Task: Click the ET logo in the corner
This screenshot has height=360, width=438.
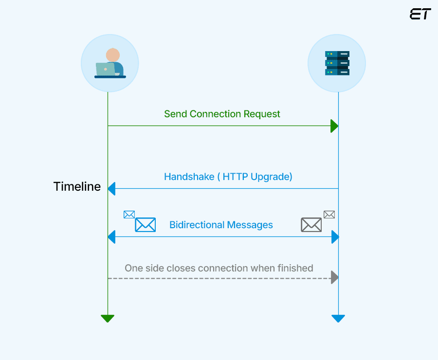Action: tap(420, 14)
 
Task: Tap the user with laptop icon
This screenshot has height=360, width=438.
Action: tap(110, 63)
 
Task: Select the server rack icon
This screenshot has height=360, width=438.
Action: tap(337, 63)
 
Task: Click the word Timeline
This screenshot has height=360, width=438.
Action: tap(77, 187)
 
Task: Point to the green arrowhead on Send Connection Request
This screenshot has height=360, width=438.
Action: tap(334, 126)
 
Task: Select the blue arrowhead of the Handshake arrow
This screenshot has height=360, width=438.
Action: tap(111, 188)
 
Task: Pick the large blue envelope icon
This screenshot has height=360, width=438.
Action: tap(145, 225)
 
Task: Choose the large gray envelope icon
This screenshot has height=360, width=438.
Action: tap(311, 225)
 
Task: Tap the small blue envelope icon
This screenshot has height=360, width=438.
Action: tap(129, 215)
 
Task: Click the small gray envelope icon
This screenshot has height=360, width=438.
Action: tap(329, 215)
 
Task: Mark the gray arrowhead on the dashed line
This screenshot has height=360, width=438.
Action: tap(334, 278)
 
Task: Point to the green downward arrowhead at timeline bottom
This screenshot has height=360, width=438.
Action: tap(108, 319)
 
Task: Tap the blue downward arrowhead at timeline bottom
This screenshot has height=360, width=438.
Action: tap(338, 319)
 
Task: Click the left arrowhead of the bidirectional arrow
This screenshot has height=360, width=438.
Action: tap(111, 237)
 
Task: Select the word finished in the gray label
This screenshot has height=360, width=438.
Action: tap(295, 268)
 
